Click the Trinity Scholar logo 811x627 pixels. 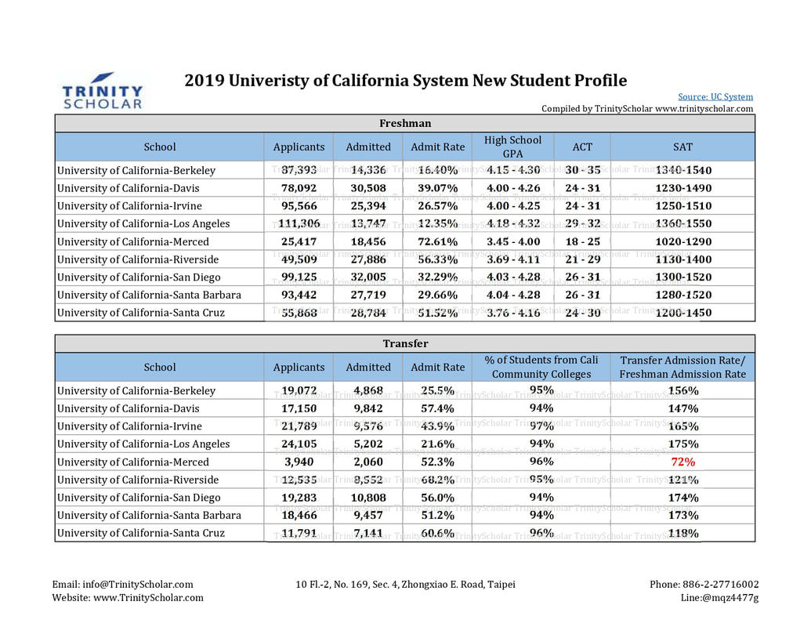(103, 91)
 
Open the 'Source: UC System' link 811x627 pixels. (715, 96)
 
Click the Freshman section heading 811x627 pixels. (405, 123)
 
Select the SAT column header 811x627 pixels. (682, 147)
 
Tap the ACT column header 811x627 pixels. (582, 147)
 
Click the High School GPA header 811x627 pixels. (512, 147)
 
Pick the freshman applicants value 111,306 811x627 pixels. (299, 223)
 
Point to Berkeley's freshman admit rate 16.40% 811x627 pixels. (437, 170)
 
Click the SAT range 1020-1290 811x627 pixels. (683, 241)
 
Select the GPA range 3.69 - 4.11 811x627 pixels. (513, 259)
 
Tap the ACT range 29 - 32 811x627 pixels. (582, 223)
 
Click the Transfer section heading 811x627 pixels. (406, 343)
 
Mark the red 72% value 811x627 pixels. (682, 462)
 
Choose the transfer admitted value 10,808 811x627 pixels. (368, 498)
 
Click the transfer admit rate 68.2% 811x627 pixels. (437, 480)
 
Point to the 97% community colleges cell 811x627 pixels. (541, 426)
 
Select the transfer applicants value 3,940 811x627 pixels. (299, 462)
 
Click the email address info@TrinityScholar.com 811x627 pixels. (138, 585)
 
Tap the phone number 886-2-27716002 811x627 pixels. (720, 585)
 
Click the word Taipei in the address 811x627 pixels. (501, 585)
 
